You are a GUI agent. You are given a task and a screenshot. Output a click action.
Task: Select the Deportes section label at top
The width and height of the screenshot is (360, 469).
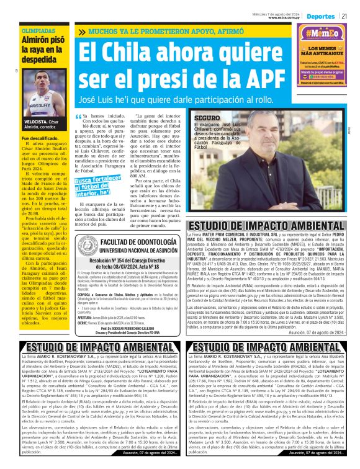pyautogui.click(x=320, y=15)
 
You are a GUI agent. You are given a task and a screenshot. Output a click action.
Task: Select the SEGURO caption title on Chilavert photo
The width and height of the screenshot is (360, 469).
pyautogui.click(x=189, y=117)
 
